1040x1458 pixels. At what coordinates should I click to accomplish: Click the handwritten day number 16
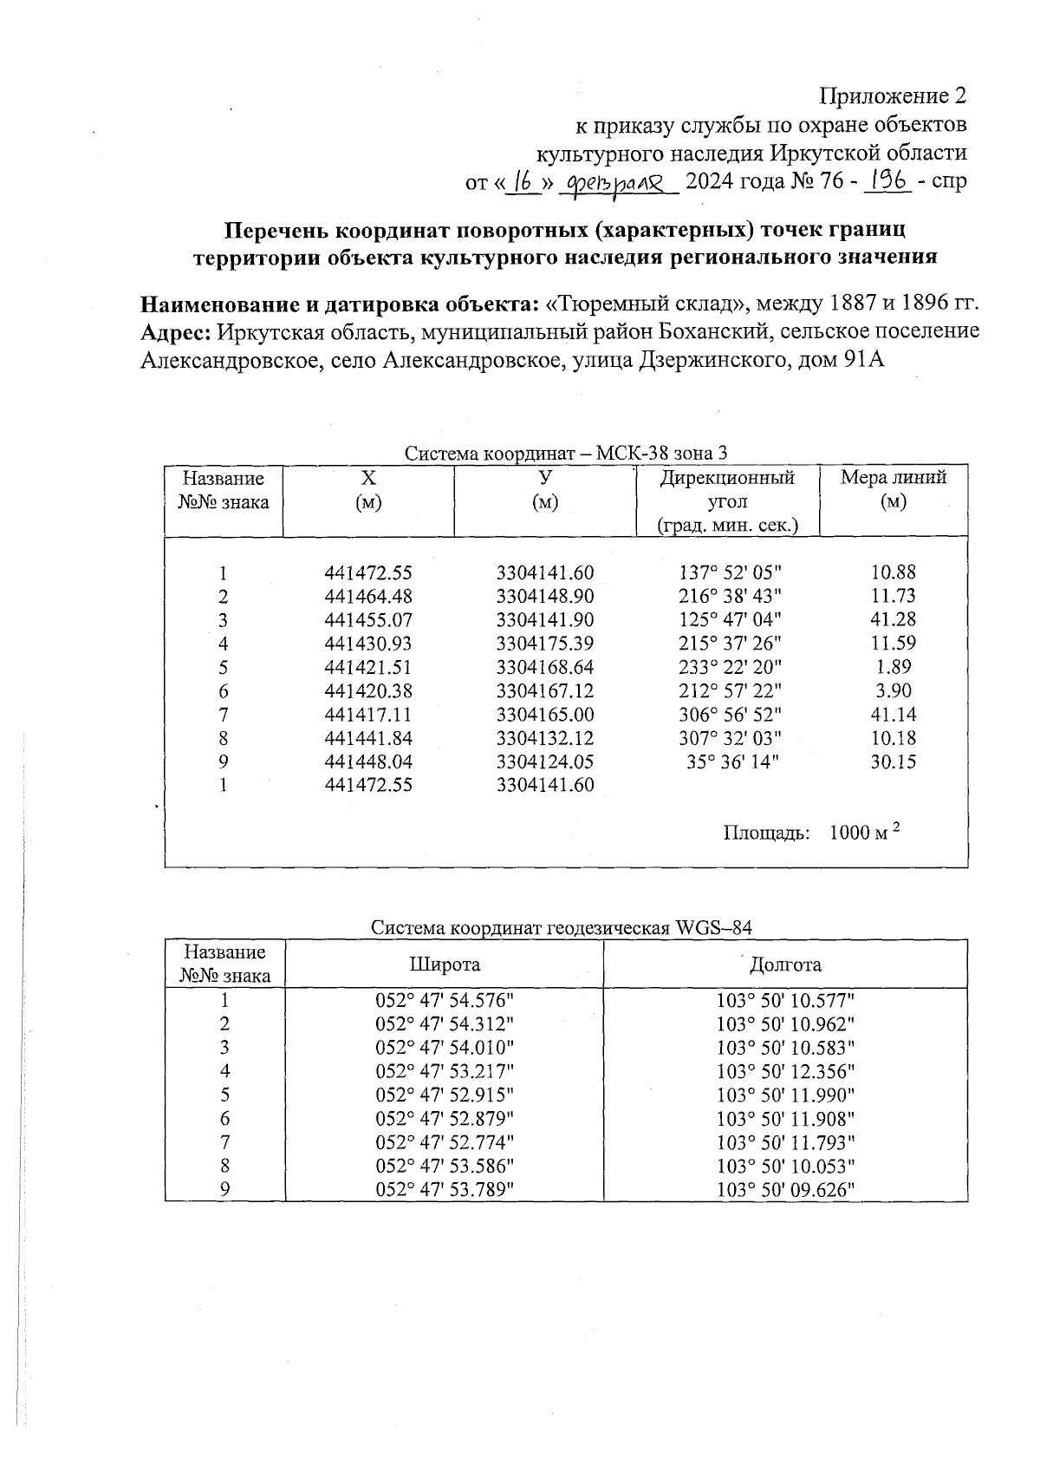522,183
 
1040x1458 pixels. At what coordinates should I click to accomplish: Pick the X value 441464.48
368,597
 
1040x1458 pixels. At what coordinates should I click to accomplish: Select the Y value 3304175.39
545,644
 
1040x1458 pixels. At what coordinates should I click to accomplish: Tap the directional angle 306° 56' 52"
727,715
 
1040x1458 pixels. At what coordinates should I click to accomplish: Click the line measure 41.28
893,620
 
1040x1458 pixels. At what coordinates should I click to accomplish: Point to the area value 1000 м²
864,833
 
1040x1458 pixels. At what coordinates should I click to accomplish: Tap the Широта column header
445,964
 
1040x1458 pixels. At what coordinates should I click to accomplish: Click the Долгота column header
785,964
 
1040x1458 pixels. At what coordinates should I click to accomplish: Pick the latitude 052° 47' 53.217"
445,1071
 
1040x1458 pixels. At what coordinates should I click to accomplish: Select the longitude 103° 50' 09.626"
785,1189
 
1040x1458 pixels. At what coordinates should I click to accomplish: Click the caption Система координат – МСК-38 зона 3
566,454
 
